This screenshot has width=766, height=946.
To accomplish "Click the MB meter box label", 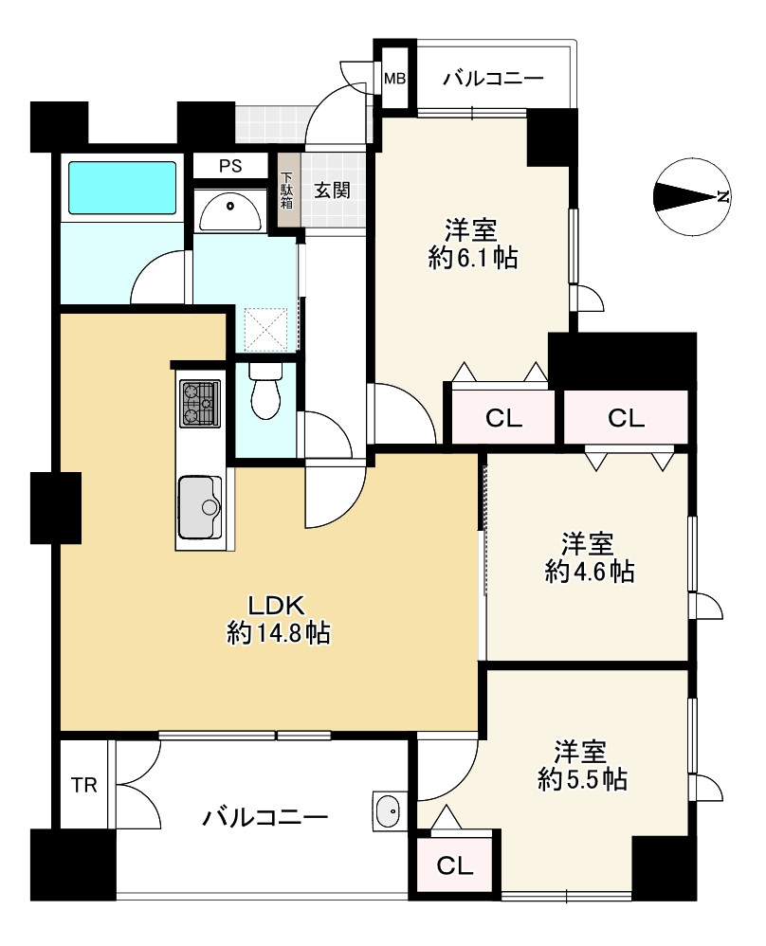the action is pos(395,79).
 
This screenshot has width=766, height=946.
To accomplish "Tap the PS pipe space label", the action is pos(230,166).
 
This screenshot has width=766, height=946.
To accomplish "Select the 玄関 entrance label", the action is pos(332,191).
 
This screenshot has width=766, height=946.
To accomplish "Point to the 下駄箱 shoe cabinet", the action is pos(288,190).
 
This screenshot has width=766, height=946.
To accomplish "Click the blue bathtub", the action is pos(122,187).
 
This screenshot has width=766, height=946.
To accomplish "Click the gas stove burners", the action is pos(200,403).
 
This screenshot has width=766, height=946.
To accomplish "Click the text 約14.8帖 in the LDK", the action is pos(279,633).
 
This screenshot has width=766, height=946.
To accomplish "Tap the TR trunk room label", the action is pos(84,785).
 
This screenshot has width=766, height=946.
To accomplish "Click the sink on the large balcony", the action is pos(387,810).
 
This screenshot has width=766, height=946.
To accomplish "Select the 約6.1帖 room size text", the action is pos(473,258).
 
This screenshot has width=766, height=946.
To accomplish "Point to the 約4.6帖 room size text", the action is pos(589,571).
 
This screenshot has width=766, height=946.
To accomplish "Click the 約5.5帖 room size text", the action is pos(582,780).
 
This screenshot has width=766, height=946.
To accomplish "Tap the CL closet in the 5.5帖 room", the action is pos(454,866).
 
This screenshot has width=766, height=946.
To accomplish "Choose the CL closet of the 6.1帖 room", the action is pos(503,417).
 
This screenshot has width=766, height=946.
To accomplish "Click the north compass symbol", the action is pos(693,196).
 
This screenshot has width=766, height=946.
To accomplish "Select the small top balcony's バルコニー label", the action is pos(494,79).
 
